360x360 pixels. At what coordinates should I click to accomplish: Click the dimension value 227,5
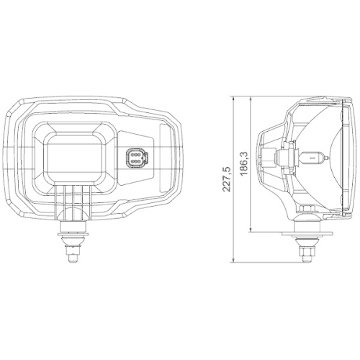point(228,178)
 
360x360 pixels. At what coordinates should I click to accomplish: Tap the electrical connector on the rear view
point(134,158)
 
